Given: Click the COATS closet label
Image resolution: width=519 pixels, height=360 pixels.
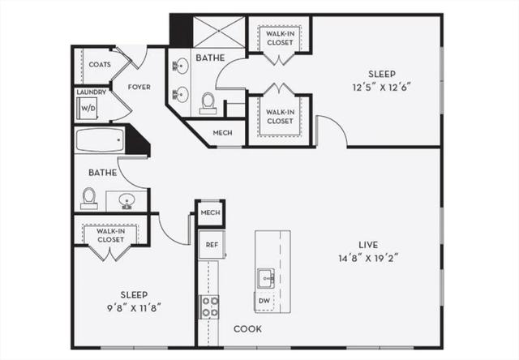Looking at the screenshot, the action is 100,65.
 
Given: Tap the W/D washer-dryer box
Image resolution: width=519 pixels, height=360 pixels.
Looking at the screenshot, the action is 87,108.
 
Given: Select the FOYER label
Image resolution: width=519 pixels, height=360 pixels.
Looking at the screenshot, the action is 139,87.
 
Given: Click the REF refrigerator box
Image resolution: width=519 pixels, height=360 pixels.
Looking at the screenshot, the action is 212,245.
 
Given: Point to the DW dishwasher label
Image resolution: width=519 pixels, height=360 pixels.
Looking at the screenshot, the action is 264,301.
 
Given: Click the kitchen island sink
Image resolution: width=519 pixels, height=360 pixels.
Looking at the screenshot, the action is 266,278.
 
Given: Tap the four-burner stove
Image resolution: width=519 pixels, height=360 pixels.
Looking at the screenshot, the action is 208,306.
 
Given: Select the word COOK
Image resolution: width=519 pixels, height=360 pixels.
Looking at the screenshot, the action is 247,329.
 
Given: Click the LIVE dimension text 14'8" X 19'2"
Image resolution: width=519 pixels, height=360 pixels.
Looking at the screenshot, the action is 368,258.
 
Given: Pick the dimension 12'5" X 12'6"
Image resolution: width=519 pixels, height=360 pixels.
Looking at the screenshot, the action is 382,88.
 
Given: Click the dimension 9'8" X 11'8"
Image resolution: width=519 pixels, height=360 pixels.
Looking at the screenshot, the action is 134,308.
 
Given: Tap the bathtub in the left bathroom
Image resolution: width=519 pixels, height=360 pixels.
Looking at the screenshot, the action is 100,140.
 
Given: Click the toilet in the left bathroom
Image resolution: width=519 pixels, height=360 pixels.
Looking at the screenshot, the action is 88,198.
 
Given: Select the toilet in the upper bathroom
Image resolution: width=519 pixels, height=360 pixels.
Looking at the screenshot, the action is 208,103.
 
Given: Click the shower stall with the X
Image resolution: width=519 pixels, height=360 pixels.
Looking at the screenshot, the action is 219,32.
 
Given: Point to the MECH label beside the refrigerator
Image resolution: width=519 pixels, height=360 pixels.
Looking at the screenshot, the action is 211,212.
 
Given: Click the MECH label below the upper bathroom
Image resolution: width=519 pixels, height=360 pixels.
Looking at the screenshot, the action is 222,133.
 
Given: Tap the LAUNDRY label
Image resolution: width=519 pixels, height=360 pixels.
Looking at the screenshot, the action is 92,92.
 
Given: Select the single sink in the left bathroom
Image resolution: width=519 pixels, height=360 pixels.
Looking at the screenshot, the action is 127,201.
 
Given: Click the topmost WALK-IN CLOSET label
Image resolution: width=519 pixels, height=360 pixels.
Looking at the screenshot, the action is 280,38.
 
